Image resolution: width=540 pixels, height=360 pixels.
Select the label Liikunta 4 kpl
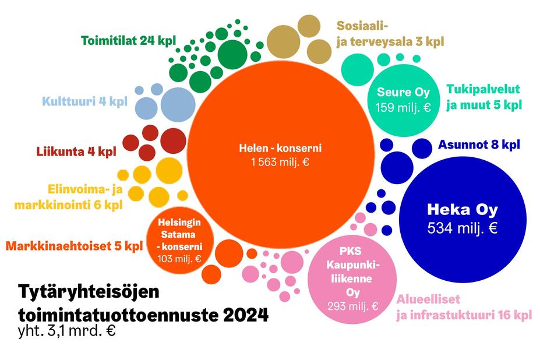coord(76,152)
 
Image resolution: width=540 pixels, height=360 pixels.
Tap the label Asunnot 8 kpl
coord(479,144)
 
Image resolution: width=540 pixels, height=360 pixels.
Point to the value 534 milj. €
coord(463,228)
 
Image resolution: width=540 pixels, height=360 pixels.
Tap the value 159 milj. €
coord(403,107)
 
